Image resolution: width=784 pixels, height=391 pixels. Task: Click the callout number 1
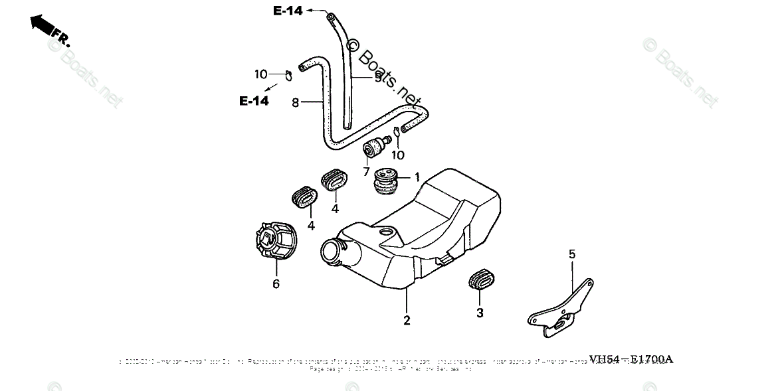(x=417, y=177)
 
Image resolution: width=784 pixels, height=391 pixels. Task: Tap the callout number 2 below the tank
(x=407, y=321)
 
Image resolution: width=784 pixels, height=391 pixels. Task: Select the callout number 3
(x=480, y=312)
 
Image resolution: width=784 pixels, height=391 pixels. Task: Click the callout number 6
(x=276, y=284)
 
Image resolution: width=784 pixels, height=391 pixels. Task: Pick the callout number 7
(x=366, y=172)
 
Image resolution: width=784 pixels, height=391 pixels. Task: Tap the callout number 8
(x=296, y=102)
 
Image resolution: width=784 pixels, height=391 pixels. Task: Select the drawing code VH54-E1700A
(x=627, y=359)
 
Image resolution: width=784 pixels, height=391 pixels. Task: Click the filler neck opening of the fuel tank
(x=332, y=252)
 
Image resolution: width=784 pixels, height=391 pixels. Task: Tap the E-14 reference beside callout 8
(x=254, y=101)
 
